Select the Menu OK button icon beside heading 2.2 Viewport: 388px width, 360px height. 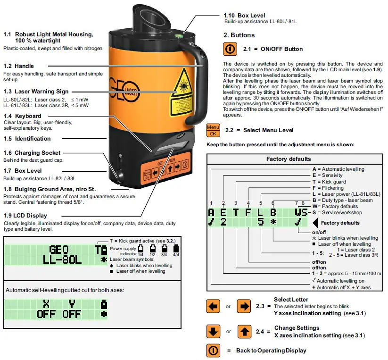pos(213,130)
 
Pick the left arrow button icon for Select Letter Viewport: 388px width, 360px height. pos(214,306)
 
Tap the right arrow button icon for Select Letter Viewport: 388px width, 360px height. pos(244,306)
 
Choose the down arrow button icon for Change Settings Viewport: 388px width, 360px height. pos(214,331)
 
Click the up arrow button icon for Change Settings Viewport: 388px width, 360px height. pos(244,331)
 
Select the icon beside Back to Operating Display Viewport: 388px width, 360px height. pos(214,351)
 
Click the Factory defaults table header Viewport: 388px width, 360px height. pos(289,159)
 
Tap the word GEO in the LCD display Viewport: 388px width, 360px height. pos(59,249)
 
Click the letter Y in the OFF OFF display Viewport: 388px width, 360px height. pos(72,304)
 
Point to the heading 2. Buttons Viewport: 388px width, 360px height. pos(239,35)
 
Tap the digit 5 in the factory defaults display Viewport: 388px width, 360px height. pos(260,222)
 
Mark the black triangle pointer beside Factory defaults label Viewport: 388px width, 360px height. pos(315,222)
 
